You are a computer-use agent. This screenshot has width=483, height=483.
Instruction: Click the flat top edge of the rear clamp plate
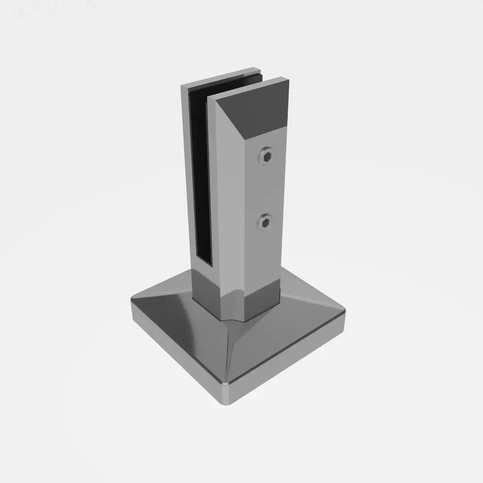pos(222,78)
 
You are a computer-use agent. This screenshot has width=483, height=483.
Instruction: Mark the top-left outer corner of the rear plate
pos(182,86)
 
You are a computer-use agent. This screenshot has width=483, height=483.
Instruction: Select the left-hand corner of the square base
pos(133,302)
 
